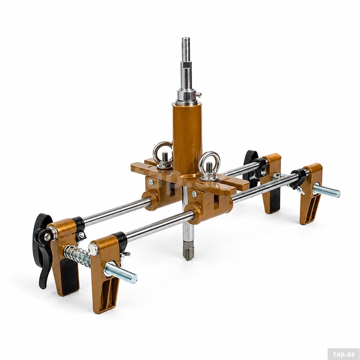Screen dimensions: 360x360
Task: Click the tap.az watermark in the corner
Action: click(x=344, y=348)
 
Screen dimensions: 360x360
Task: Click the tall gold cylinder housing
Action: click(x=187, y=138)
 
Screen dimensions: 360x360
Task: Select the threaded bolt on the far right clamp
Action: click(x=327, y=190)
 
